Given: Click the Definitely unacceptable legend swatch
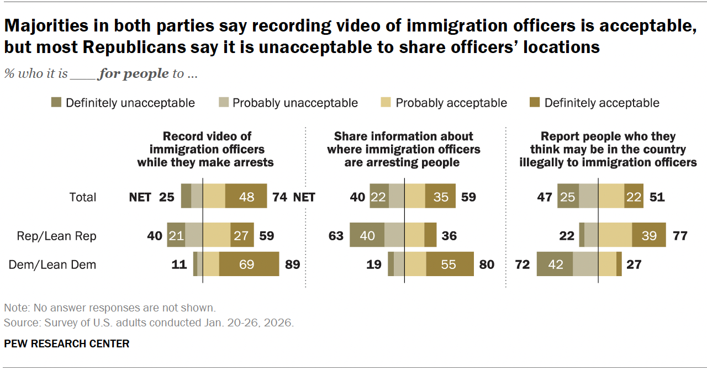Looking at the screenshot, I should tap(56, 103).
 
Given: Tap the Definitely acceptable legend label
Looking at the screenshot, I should tap(602, 103).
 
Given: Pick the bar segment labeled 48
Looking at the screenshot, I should tap(246, 197).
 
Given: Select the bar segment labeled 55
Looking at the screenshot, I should tap(449, 265).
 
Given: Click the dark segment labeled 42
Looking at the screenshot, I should tap(555, 265).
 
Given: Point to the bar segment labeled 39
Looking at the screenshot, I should tap(648, 236).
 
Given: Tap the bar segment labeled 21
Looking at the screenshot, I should tap(176, 236).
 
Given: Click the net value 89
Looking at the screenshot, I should tap(292, 265).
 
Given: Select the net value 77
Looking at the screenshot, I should tap(680, 236).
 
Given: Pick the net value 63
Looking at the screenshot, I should tap(336, 236).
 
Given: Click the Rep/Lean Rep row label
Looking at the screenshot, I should tap(56, 236).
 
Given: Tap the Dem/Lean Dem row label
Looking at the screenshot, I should tap(52, 265).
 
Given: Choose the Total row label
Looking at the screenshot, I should tap(82, 197).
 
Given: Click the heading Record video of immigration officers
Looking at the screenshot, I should tap(205, 149).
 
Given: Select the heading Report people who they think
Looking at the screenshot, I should tap(608, 149).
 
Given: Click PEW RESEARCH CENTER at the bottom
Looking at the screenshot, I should tap(67, 343).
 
